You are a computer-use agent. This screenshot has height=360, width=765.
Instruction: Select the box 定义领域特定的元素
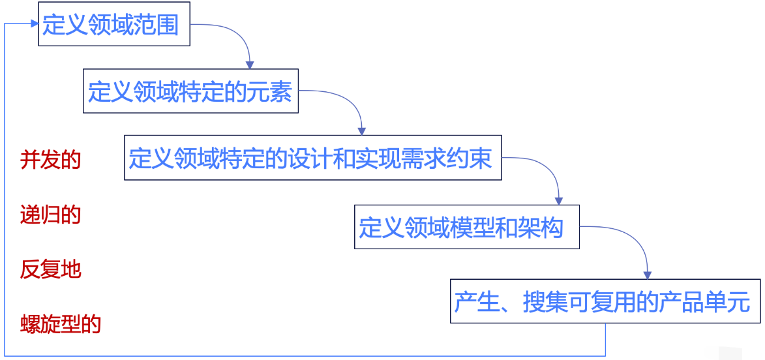tap(190, 92)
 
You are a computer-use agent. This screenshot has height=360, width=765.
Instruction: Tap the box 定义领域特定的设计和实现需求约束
tap(312, 158)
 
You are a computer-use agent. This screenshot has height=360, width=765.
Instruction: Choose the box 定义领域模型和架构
tap(466, 227)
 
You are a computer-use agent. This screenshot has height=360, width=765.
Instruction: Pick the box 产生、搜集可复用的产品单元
tap(605, 302)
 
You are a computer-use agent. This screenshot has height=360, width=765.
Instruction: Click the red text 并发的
tap(50, 159)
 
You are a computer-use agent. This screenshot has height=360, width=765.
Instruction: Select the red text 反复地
tap(50, 269)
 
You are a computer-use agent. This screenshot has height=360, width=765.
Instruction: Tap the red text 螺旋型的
tap(61, 323)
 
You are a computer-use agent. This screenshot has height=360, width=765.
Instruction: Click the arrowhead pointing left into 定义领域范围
tap(34, 23)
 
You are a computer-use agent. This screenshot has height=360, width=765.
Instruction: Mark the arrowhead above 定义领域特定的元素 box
tap(249, 64)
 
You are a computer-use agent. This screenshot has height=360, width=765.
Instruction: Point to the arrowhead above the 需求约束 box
tap(362, 131)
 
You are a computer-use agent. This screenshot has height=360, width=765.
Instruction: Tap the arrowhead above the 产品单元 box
tap(647, 275)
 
